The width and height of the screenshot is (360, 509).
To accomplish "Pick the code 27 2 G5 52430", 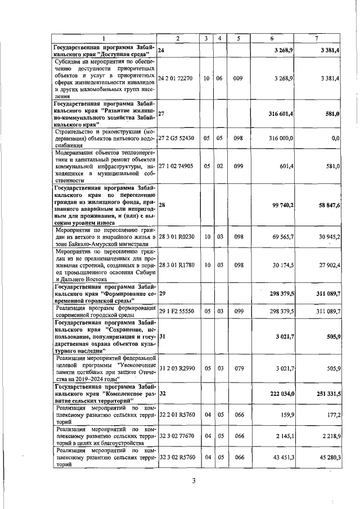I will click(x=178, y=138).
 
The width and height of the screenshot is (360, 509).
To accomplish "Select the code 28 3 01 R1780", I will click(x=178, y=264).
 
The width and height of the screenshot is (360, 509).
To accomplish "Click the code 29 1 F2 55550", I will click(x=178, y=310).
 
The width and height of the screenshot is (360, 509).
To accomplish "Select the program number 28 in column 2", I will click(x=162, y=205).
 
